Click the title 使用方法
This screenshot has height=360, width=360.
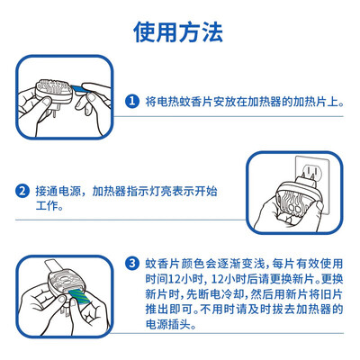[178, 32]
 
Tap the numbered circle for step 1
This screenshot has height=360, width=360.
[132, 101]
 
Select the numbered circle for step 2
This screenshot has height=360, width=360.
[22, 191]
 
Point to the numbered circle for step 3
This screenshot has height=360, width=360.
[132, 264]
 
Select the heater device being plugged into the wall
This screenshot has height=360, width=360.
[299, 198]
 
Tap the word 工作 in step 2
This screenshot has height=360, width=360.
[47, 206]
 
